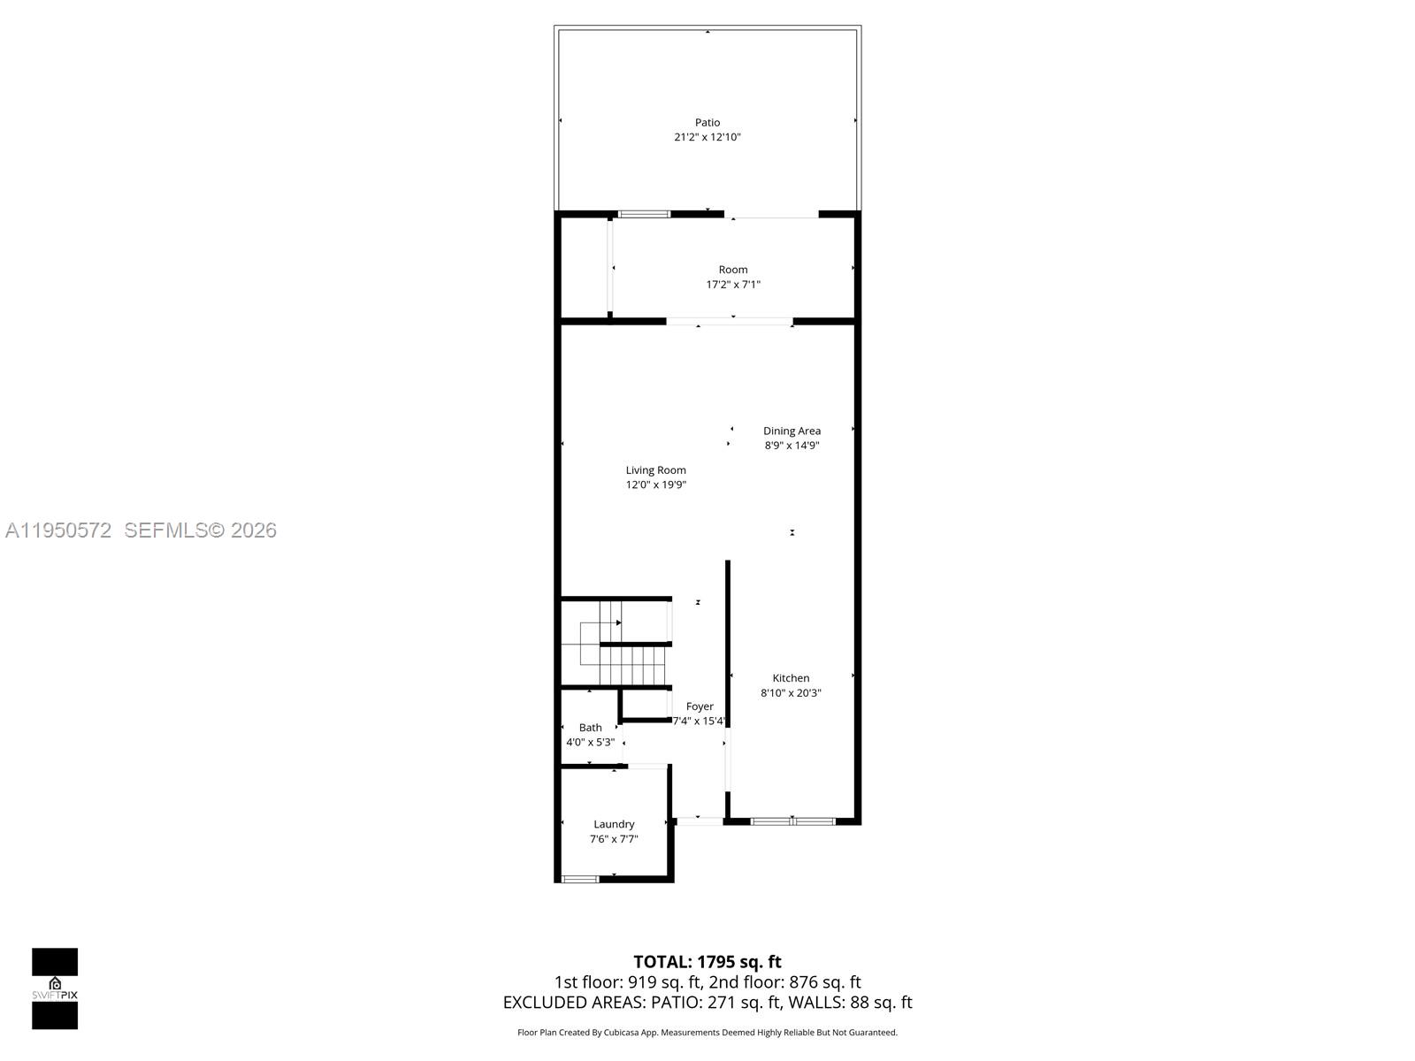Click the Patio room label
point(707,122)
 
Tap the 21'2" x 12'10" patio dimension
point(707,137)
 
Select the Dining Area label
point(792,431)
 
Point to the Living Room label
point(655,470)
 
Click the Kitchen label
point(791,678)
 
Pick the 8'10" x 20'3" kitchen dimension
point(791,693)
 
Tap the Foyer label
point(700,706)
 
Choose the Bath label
point(590,728)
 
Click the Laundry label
point(614,824)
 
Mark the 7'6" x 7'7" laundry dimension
point(614,839)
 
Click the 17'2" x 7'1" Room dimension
point(732,285)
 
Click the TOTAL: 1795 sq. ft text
point(707,961)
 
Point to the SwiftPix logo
point(55,988)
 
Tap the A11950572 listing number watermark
point(58,530)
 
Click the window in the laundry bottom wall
point(580,879)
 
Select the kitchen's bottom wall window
point(792,821)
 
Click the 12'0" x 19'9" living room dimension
point(655,485)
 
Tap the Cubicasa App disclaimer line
point(707,1033)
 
